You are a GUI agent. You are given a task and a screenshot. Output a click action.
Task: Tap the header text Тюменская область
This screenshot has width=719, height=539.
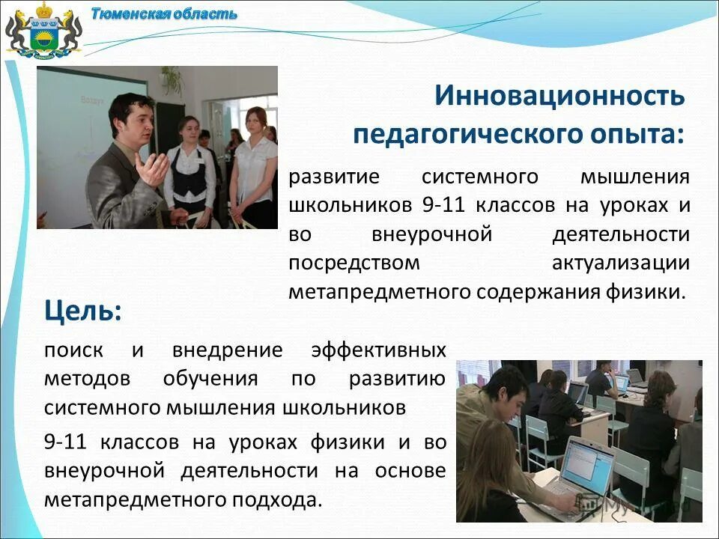point(164,13)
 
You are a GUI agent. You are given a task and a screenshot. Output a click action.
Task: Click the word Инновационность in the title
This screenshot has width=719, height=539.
point(559,96)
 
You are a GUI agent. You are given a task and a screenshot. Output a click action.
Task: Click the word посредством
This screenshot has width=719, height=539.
point(354,263)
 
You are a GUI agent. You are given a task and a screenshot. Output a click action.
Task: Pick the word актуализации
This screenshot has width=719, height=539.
point(620,263)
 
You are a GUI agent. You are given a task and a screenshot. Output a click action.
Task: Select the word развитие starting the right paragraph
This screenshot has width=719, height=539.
point(334,177)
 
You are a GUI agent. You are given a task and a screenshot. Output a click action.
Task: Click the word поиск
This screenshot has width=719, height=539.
point(74,350)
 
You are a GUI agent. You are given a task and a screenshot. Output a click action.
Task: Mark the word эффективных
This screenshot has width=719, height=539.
point(377,350)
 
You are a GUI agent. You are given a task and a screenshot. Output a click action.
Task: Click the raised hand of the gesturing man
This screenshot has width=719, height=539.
point(156,168)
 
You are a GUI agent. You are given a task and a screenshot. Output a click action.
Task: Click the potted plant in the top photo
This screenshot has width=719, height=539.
point(172,79)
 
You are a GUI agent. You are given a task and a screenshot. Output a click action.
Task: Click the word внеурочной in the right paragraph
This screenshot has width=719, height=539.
point(431,234)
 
